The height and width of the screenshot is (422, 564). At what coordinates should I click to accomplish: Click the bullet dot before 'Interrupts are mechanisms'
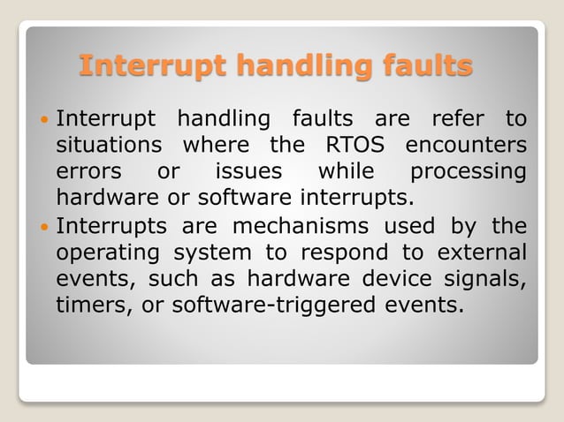(x=45, y=228)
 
